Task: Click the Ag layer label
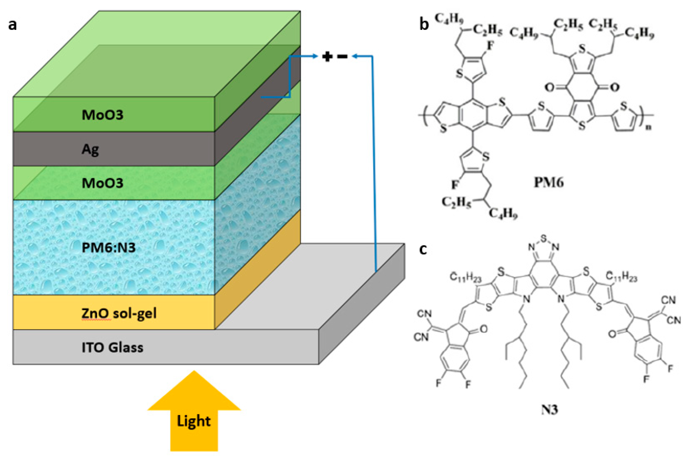[x=90, y=150]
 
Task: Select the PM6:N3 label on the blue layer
[x=109, y=248]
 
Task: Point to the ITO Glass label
[x=112, y=348]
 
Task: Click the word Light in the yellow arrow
[x=194, y=421]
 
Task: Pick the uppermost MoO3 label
[x=102, y=115]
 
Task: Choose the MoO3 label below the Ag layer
[x=102, y=183]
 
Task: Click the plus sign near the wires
[x=327, y=56]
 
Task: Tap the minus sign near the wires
[x=342, y=56]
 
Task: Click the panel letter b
[x=424, y=24]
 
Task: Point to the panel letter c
[x=423, y=249]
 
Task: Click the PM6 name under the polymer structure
[x=549, y=183]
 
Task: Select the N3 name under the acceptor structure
[x=549, y=409]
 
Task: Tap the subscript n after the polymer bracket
[x=648, y=127]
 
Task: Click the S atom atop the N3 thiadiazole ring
[x=543, y=237]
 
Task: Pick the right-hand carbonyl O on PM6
[x=615, y=87]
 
